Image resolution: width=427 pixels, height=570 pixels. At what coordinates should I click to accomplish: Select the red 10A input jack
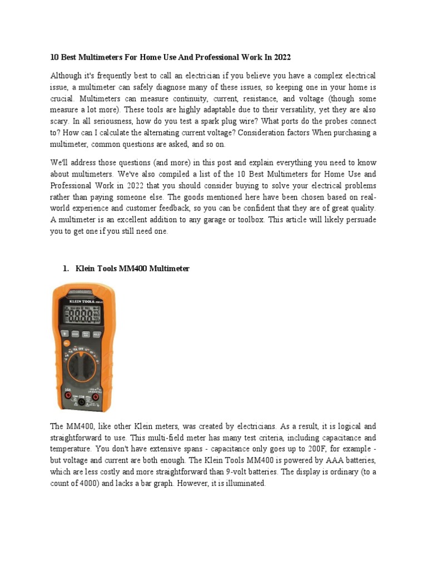coord(68,396)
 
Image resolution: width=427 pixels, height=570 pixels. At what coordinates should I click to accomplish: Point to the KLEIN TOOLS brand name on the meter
coord(77,295)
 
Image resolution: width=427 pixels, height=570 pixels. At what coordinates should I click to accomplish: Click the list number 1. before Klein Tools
coord(66,269)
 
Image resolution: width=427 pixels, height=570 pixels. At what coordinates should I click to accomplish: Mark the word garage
coord(248,220)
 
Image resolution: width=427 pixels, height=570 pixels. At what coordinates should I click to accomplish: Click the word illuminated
coord(243,484)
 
